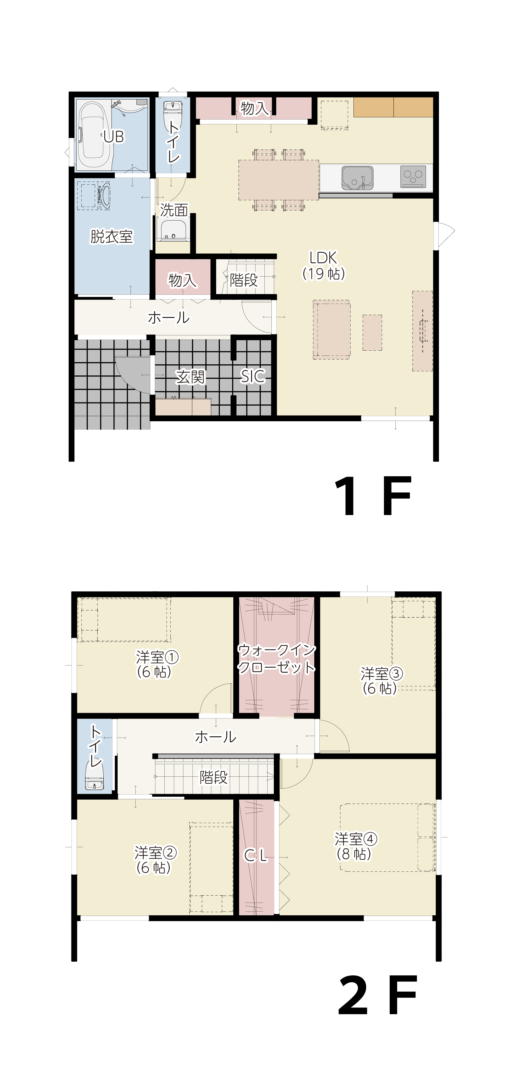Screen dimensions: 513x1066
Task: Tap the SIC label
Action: click(x=252, y=376)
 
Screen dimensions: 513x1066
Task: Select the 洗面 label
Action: click(x=174, y=210)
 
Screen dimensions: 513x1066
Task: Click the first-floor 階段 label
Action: click(x=244, y=280)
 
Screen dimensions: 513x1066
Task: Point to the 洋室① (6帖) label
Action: click(x=156, y=664)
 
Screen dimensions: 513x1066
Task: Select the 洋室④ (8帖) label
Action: click(x=355, y=846)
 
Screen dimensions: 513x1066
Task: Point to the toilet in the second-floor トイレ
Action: click(x=94, y=777)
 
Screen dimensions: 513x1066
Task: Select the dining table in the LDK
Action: click(x=278, y=180)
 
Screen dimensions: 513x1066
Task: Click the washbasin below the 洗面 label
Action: click(x=173, y=230)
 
